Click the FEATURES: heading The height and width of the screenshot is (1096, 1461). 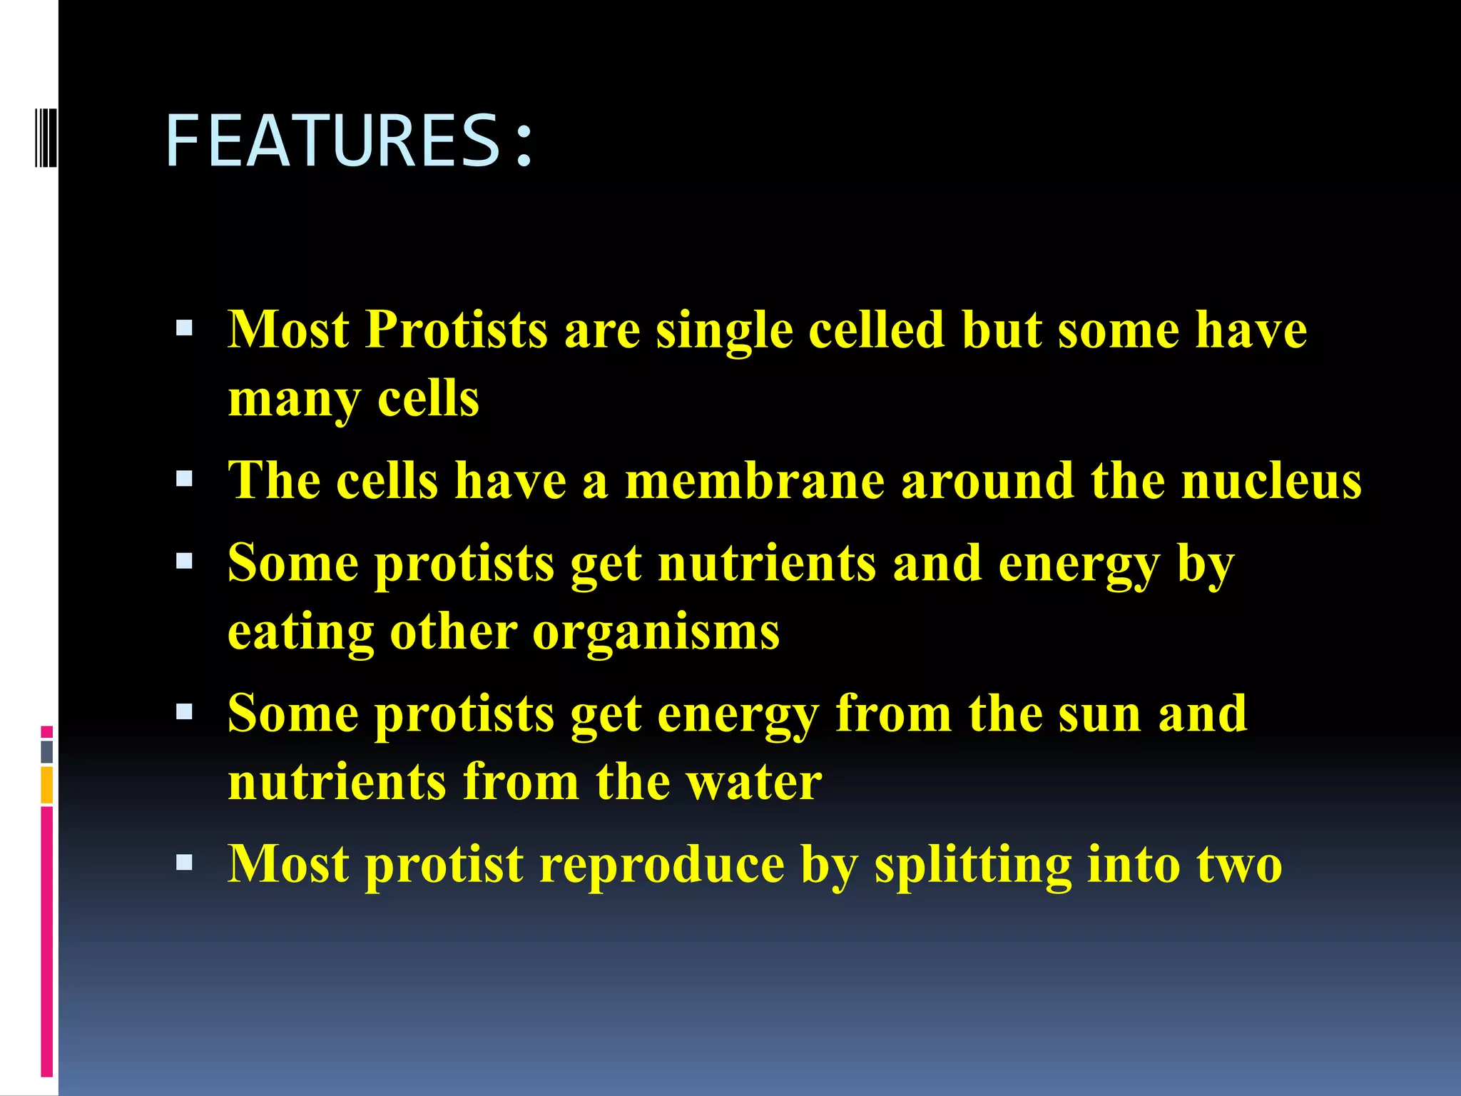click(x=350, y=141)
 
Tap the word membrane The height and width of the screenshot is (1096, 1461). click(x=754, y=480)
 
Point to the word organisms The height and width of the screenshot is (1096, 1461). click(x=656, y=632)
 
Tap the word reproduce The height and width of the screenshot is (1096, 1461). click(x=661, y=865)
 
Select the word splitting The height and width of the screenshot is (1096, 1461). click(x=972, y=865)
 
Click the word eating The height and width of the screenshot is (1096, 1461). click(x=300, y=632)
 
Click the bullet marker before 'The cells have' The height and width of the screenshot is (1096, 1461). click(x=184, y=479)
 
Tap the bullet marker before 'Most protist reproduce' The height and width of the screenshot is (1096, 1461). click(x=184, y=863)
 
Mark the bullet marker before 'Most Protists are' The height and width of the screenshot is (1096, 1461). click(x=184, y=328)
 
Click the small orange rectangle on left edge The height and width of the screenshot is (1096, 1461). click(x=47, y=784)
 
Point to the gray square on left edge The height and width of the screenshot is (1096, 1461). click(x=47, y=751)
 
